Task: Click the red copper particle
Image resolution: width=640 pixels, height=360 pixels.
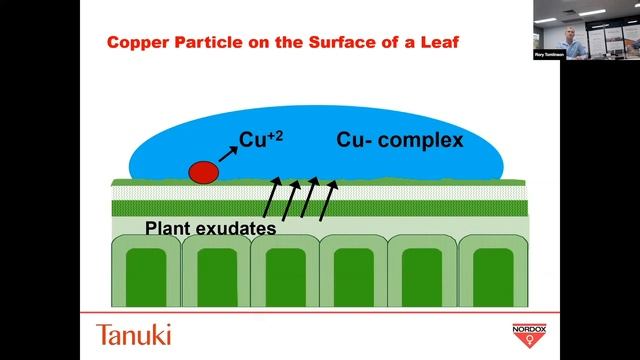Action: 203,172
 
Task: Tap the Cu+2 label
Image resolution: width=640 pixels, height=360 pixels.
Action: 261,138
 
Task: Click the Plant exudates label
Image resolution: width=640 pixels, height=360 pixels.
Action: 210,227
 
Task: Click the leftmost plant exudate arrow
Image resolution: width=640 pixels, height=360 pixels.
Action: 271,199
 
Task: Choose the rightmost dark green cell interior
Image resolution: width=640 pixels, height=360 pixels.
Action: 491,277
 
